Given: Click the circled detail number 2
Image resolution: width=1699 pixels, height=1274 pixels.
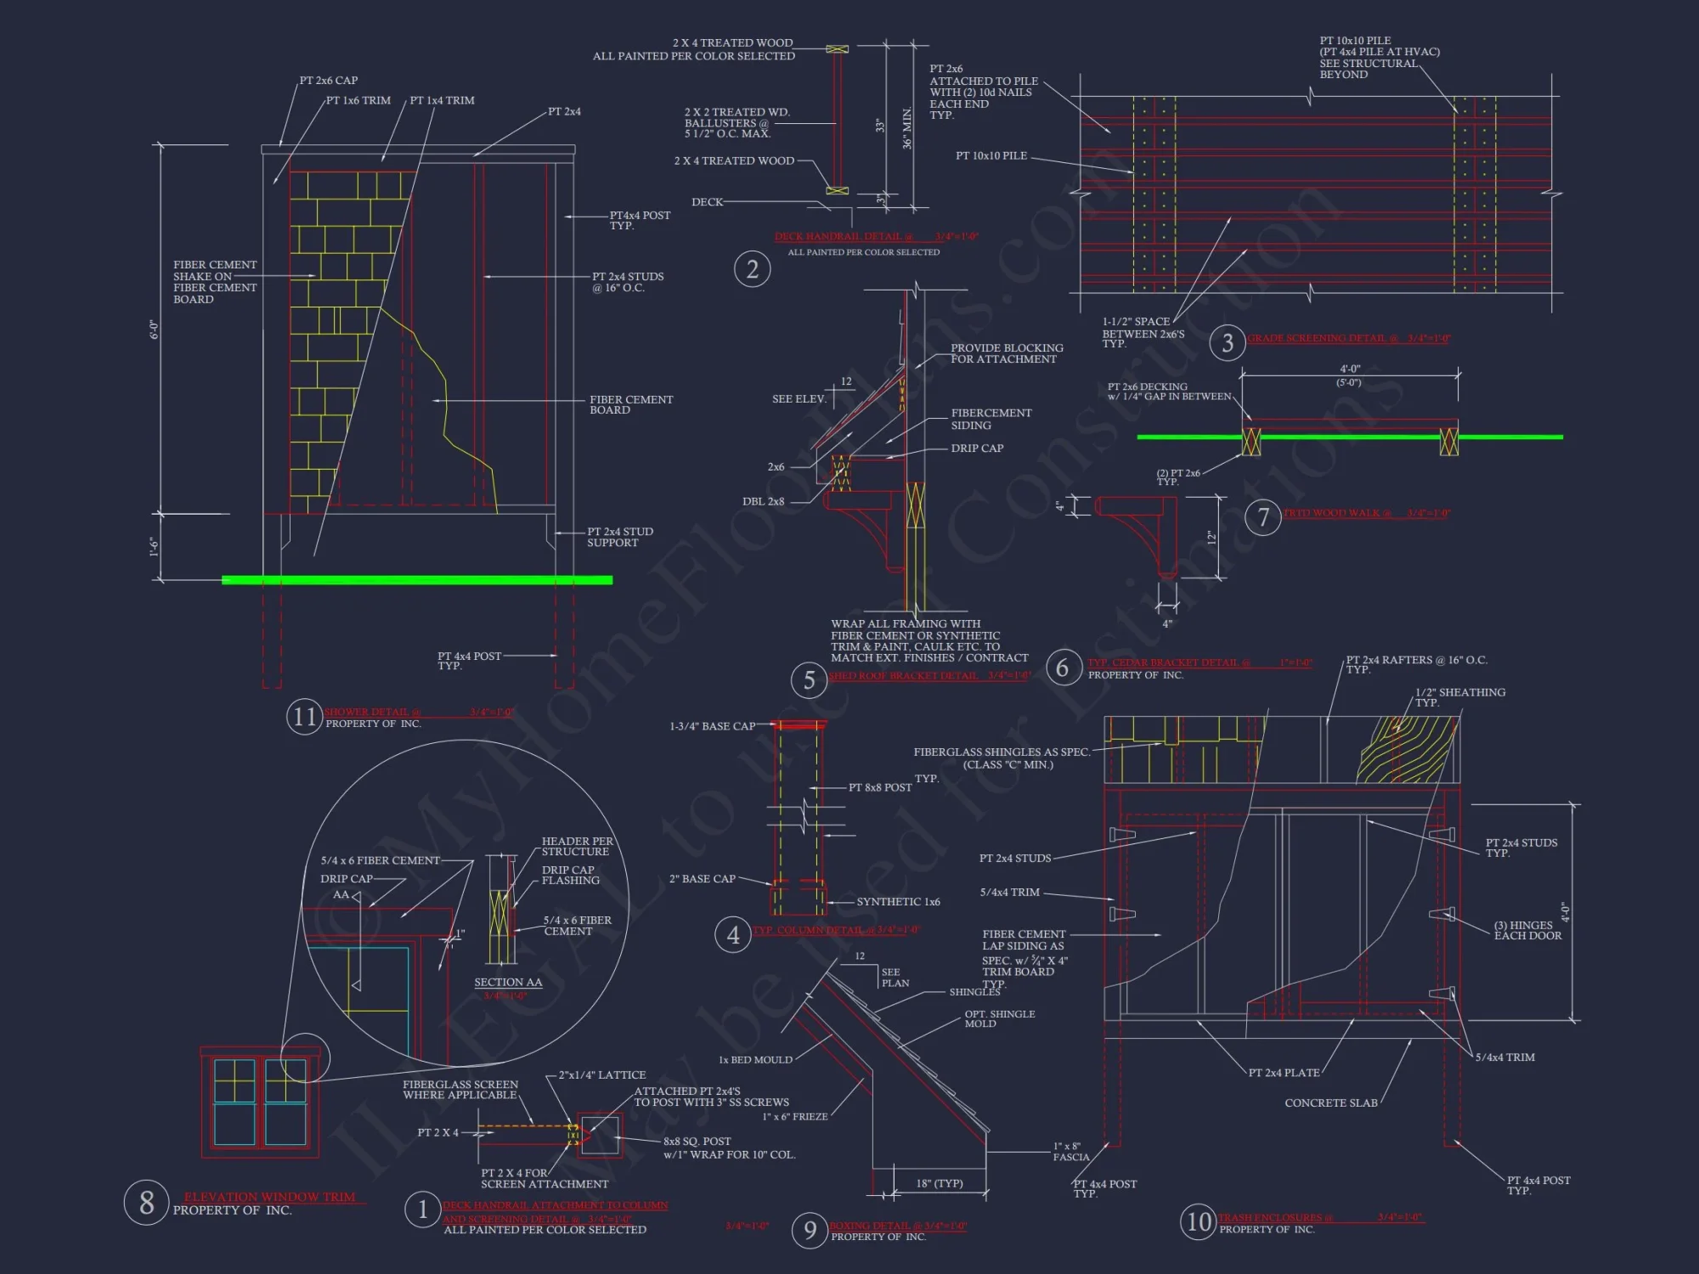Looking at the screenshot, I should point(752,269).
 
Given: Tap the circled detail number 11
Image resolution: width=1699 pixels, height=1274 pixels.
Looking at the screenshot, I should point(304,717).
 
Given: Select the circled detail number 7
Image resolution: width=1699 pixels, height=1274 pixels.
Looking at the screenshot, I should point(1263,516).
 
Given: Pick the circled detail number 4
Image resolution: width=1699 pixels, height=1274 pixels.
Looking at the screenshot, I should point(733,935).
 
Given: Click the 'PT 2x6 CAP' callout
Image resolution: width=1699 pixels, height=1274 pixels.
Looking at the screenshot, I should point(329,81).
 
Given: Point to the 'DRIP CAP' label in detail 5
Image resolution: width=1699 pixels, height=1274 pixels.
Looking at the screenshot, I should point(977,448).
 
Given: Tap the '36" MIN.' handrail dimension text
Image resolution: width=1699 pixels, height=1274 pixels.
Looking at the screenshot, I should point(907,128).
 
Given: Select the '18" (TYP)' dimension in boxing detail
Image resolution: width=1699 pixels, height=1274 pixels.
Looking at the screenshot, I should point(940,1183).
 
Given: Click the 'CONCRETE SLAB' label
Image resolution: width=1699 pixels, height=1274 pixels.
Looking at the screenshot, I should point(1331,1103).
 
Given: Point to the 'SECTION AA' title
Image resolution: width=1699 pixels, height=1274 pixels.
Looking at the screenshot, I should point(508,983).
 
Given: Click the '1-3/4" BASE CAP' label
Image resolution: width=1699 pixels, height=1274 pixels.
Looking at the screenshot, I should point(712,726).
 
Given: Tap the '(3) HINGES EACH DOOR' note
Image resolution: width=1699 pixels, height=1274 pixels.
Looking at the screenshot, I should point(1527,931).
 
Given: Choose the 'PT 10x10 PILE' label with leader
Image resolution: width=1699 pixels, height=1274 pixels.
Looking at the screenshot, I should point(991,156).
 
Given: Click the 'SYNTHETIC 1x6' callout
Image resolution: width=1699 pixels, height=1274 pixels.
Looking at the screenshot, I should point(898,902).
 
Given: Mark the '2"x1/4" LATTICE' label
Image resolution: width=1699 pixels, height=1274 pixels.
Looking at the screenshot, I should point(602,1075).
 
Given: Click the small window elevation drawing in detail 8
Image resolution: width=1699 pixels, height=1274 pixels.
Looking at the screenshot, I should point(260,1102).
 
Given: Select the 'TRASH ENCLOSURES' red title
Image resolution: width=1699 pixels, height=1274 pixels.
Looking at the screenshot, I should point(1275,1218).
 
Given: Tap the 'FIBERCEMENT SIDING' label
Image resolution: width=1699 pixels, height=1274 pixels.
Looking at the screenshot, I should point(991,419).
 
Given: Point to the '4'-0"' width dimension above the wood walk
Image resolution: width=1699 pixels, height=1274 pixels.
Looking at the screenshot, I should point(1350,369).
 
